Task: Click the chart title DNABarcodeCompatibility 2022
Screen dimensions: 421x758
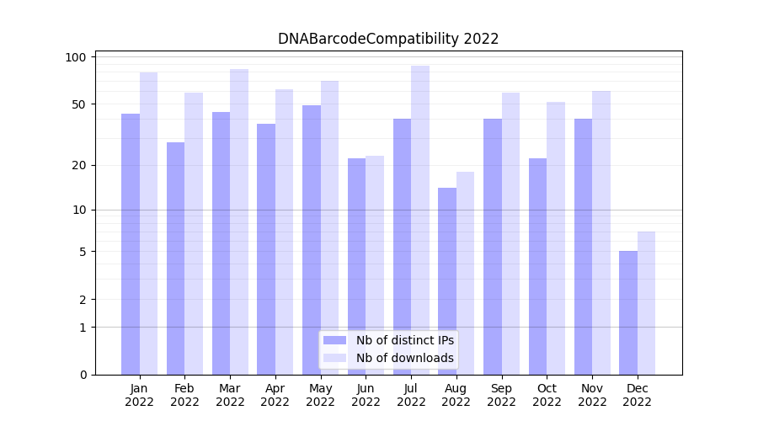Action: pyautogui.click(x=388, y=39)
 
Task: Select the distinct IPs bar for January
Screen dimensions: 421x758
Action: pyautogui.click(x=131, y=244)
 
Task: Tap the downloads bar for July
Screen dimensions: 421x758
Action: pyautogui.click(x=420, y=220)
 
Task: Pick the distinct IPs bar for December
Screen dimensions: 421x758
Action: pyautogui.click(x=628, y=312)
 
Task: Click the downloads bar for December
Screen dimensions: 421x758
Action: pyautogui.click(x=646, y=303)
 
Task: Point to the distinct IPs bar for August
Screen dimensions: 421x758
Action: pyautogui.click(x=447, y=281)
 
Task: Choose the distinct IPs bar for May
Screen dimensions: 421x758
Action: pyautogui.click(x=312, y=240)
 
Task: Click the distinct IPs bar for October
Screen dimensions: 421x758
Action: pyautogui.click(x=537, y=266)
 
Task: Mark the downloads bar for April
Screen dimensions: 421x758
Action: pyautogui.click(x=284, y=232)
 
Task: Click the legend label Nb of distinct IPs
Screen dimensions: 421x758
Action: pyautogui.click(x=405, y=340)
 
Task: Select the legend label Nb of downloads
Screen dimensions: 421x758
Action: pyautogui.click(x=405, y=358)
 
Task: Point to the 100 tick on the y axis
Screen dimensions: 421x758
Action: pyautogui.click(x=77, y=57)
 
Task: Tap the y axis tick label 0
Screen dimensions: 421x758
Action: pyautogui.click(x=83, y=375)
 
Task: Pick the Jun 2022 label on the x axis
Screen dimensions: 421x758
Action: pyautogui.click(x=366, y=395)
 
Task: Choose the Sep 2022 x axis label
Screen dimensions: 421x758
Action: pyautogui.click(x=501, y=395)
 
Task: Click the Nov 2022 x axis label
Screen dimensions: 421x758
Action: pyautogui.click(x=592, y=395)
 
